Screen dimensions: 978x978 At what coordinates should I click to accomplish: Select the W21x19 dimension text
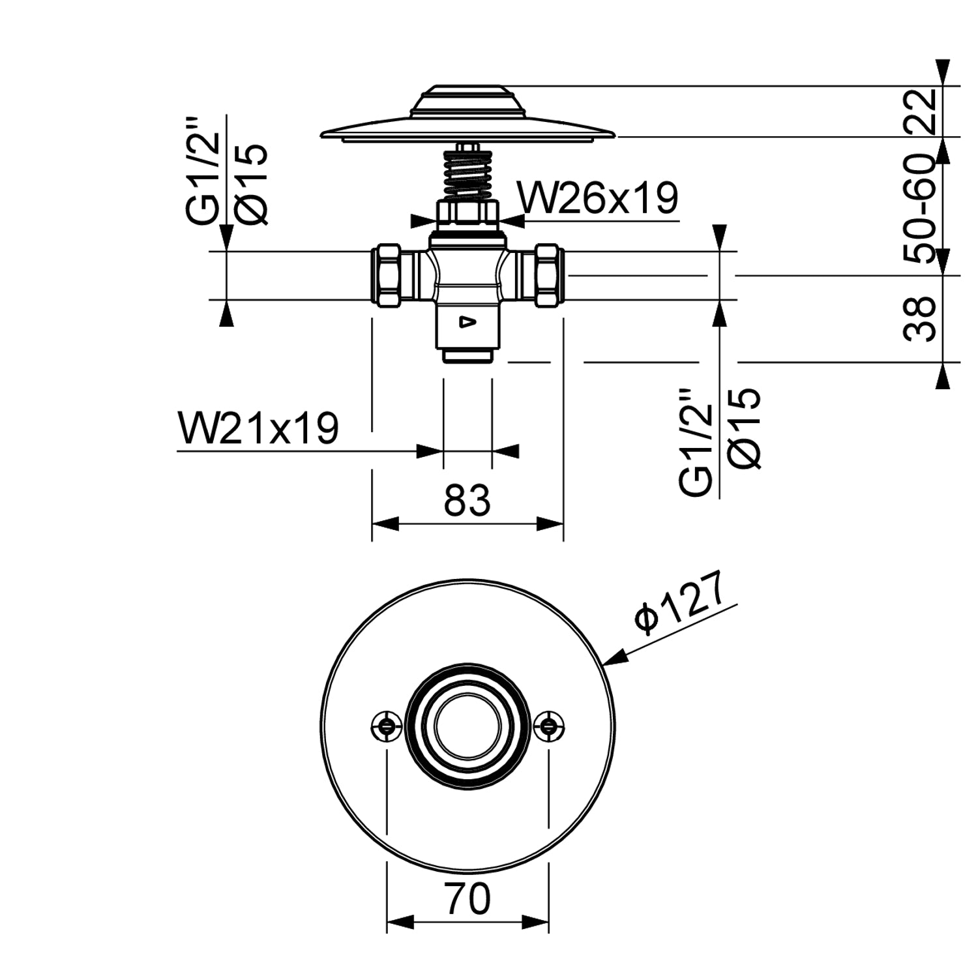pos(258,428)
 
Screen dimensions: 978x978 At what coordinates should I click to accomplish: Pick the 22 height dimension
pos(922,111)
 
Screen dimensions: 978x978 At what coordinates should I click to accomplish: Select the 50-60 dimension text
pos(922,209)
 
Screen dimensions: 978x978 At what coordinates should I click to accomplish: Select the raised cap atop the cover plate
pos(467,101)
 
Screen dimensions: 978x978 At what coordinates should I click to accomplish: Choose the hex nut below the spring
pos(467,213)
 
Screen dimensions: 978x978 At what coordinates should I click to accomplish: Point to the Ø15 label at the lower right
pos(745,428)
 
